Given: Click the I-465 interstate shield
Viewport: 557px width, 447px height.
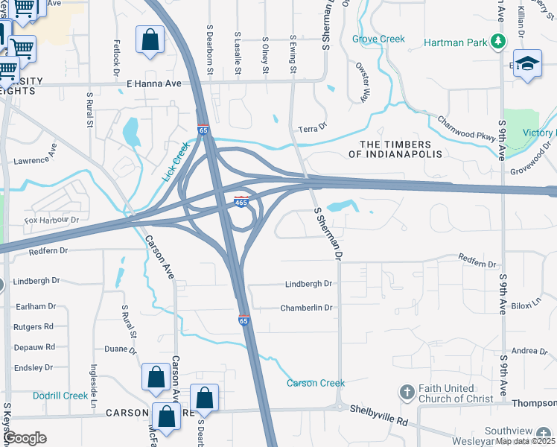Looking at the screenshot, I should (x=242, y=201).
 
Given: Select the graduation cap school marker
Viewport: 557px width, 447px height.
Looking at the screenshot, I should (x=527, y=65).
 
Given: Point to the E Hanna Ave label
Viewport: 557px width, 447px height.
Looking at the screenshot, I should (x=154, y=84).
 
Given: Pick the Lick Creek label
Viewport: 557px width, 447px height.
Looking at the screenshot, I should (x=176, y=164).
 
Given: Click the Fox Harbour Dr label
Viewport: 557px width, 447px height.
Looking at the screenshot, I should (x=51, y=221).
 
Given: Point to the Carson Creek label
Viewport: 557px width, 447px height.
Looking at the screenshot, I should (x=316, y=384).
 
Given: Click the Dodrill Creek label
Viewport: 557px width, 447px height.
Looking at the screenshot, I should (x=60, y=396).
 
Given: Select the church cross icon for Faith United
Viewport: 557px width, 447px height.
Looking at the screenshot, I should (x=407, y=392).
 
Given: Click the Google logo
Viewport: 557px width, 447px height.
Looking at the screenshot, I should (x=25, y=438).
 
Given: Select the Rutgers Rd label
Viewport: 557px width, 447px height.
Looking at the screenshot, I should (x=34, y=326).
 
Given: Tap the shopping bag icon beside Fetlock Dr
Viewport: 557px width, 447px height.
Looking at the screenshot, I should (x=150, y=42).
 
